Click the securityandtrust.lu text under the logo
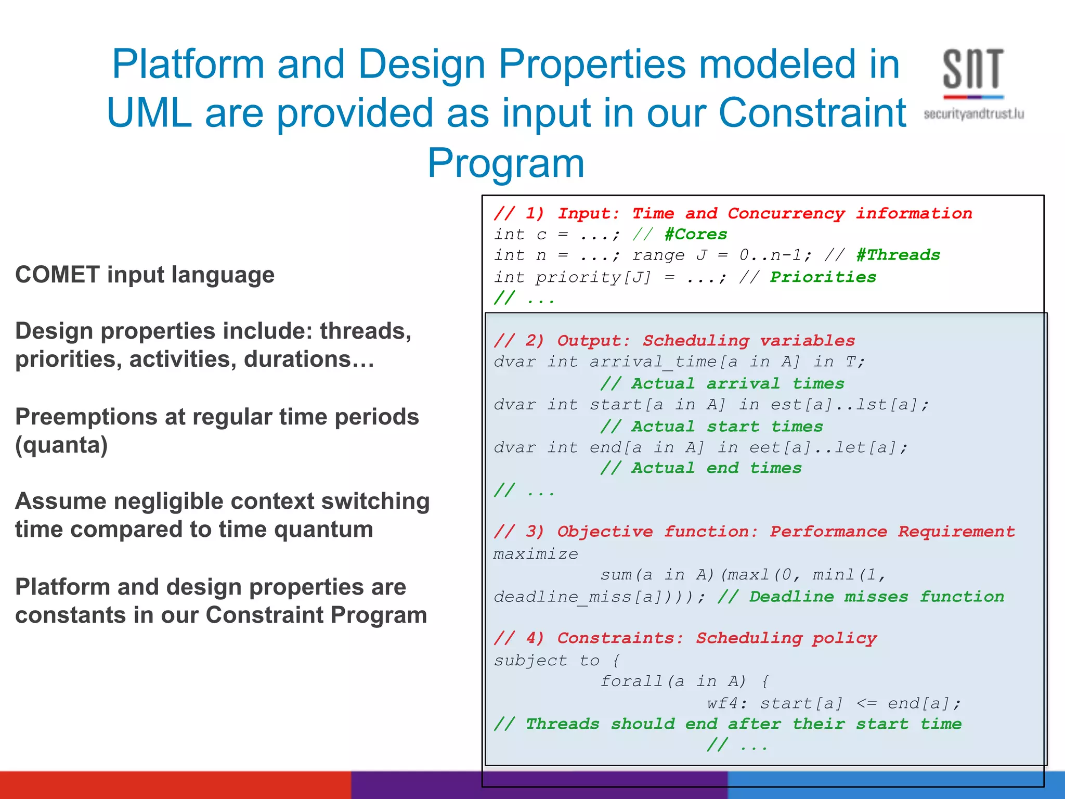pyautogui.click(x=973, y=114)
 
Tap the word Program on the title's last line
pyautogui.click(x=506, y=163)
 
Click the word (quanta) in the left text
pyautogui.click(x=61, y=445)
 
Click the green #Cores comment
pyautogui.click(x=696, y=235)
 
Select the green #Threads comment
pyautogui.click(x=898, y=255)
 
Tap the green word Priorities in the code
pyautogui.click(x=823, y=277)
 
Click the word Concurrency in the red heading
pyautogui.click(x=786, y=213)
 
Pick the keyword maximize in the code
pyautogui.click(x=536, y=555)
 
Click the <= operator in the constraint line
pyautogui.click(x=866, y=704)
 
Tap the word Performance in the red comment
pyautogui.click(x=828, y=532)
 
